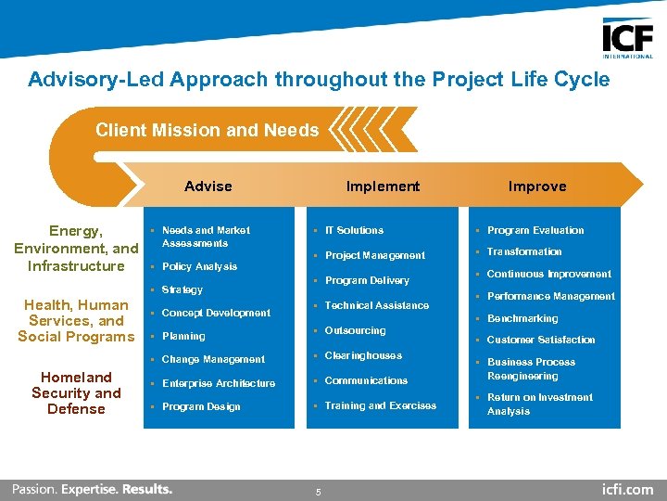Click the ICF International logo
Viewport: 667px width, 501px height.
(x=627, y=38)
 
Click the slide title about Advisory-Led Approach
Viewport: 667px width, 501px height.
(x=319, y=80)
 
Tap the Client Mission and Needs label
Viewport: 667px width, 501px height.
(x=207, y=131)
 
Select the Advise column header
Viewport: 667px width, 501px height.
(x=208, y=186)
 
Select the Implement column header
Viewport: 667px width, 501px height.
(x=383, y=186)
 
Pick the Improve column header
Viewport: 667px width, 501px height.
(x=537, y=186)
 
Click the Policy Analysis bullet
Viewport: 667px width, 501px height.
(x=199, y=266)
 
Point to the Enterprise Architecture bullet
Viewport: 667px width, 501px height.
(x=218, y=383)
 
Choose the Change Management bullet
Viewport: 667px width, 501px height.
(x=213, y=359)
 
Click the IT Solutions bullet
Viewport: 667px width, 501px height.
(x=354, y=230)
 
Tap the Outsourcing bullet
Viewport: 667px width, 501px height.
(x=355, y=330)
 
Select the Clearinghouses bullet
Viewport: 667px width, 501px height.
(x=363, y=355)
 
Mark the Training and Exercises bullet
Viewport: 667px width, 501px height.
(x=380, y=405)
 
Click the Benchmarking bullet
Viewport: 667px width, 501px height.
(x=522, y=318)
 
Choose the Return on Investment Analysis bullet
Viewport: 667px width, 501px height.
(x=539, y=404)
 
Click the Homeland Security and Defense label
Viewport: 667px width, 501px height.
(x=76, y=392)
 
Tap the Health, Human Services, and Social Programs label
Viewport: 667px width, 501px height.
(x=76, y=321)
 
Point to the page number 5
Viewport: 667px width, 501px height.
(x=318, y=492)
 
